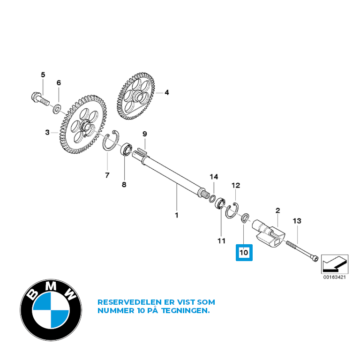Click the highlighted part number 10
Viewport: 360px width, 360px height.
pyautogui.click(x=244, y=253)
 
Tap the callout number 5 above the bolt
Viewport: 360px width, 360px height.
pyautogui.click(x=43, y=75)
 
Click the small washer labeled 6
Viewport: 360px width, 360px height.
pyautogui.click(x=57, y=109)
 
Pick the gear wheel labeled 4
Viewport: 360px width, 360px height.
pyautogui.click(x=136, y=97)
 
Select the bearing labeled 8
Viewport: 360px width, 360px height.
pyautogui.click(x=126, y=149)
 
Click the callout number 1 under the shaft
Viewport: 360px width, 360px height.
pyautogui.click(x=176, y=215)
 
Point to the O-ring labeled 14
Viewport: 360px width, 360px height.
pyautogui.click(x=212, y=199)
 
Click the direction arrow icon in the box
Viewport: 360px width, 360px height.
pyautogui.click(x=335, y=264)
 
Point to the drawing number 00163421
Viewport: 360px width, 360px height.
pyautogui.click(x=335, y=277)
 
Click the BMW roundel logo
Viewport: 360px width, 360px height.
pyautogui.click(x=51, y=310)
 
